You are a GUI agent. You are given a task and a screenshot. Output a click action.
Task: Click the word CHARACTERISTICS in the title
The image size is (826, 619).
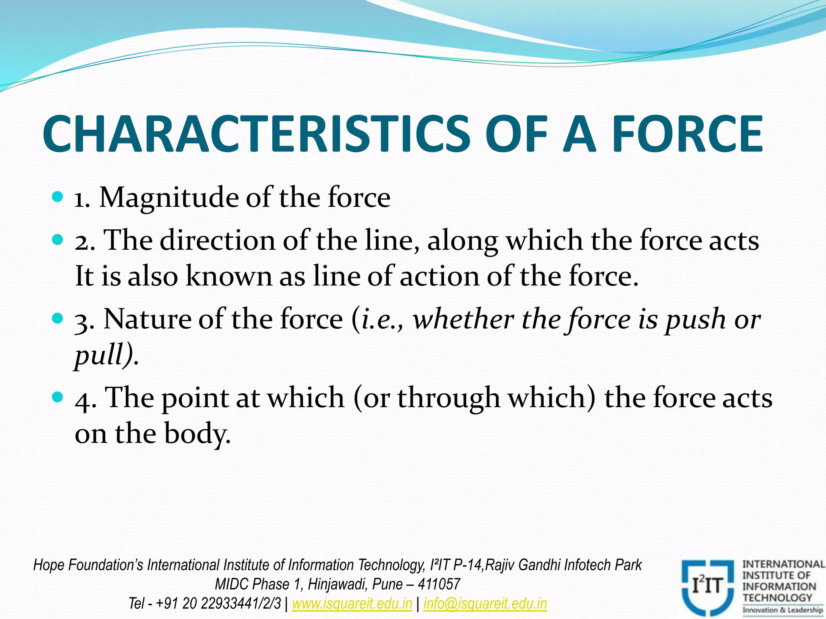click(x=256, y=134)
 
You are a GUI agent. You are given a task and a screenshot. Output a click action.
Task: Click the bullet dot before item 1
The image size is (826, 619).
click(x=58, y=197)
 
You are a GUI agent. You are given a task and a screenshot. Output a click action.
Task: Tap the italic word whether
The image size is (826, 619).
click(x=463, y=320)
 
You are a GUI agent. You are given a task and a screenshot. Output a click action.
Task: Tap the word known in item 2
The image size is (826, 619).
click(x=229, y=277)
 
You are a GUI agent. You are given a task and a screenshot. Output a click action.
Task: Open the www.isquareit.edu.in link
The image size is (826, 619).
click(x=352, y=604)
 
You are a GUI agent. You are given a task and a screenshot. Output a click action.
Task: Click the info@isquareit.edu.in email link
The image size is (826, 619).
click(x=485, y=604)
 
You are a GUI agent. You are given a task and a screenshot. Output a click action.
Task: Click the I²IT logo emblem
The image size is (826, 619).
click(x=707, y=586)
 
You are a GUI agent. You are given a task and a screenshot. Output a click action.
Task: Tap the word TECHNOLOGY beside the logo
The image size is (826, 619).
click(x=777, y=598)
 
